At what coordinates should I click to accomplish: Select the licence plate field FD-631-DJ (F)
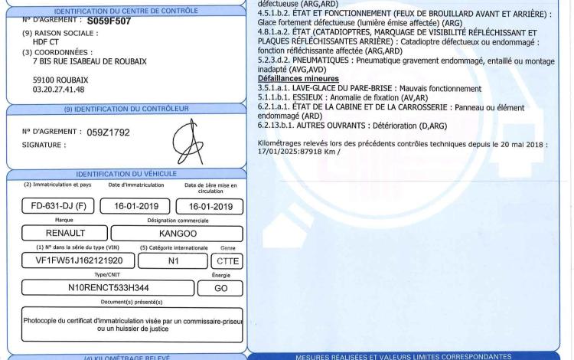(x=54, y=206)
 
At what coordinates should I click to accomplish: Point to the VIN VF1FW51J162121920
(x=78, y=260)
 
